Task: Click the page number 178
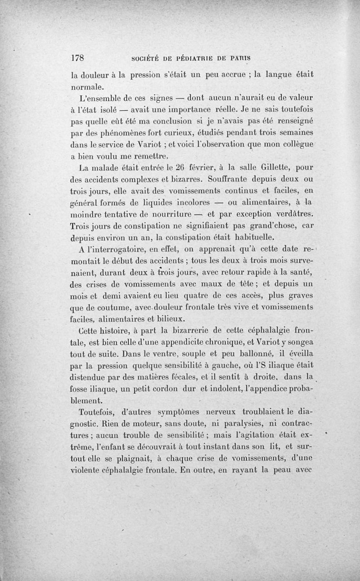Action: (x=79, y=58)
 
